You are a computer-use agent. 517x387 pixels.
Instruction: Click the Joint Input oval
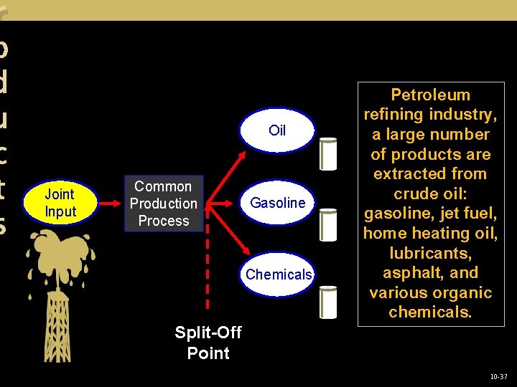(x=60, y=203)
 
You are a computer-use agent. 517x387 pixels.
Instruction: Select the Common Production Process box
(x=164, y=204)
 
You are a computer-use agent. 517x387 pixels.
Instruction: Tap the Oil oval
(x=277, y=130)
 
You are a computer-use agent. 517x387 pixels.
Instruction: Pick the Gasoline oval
(x=277, y=203)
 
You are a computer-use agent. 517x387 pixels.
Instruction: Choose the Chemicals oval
(x=278, y=274)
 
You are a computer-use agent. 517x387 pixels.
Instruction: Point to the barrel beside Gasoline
(x=329, y=224)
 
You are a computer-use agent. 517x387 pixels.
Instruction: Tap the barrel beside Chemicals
(x=329, y=296)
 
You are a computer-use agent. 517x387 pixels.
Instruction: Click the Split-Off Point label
(x=208, y=343)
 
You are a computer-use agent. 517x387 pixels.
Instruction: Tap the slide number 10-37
(x=498, y=376)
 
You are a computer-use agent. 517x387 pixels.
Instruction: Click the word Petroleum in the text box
(x=430, y=95)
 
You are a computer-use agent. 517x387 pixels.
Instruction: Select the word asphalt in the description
(x=414, y=272)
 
